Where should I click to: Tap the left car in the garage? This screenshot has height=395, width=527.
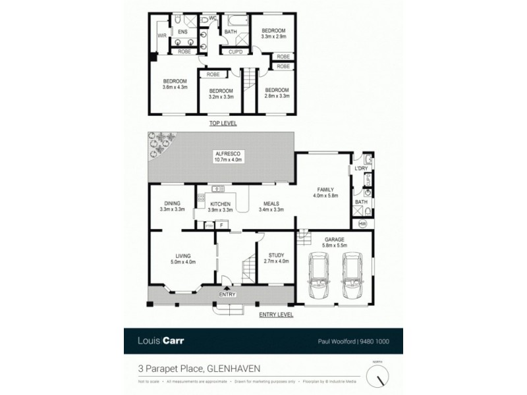319,278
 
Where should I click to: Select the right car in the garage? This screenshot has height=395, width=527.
350,278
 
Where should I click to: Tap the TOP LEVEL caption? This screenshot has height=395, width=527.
223,124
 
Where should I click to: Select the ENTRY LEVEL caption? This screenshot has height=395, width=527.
275,315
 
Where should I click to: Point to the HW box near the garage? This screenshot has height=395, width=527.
362,224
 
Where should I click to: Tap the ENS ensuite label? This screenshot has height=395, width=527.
184,31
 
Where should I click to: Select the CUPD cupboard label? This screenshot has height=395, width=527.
235,51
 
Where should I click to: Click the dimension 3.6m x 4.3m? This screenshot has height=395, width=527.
176,86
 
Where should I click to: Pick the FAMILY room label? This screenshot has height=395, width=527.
327,189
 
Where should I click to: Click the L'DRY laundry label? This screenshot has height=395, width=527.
360,169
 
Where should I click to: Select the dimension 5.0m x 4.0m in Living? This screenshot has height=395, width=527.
182,263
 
